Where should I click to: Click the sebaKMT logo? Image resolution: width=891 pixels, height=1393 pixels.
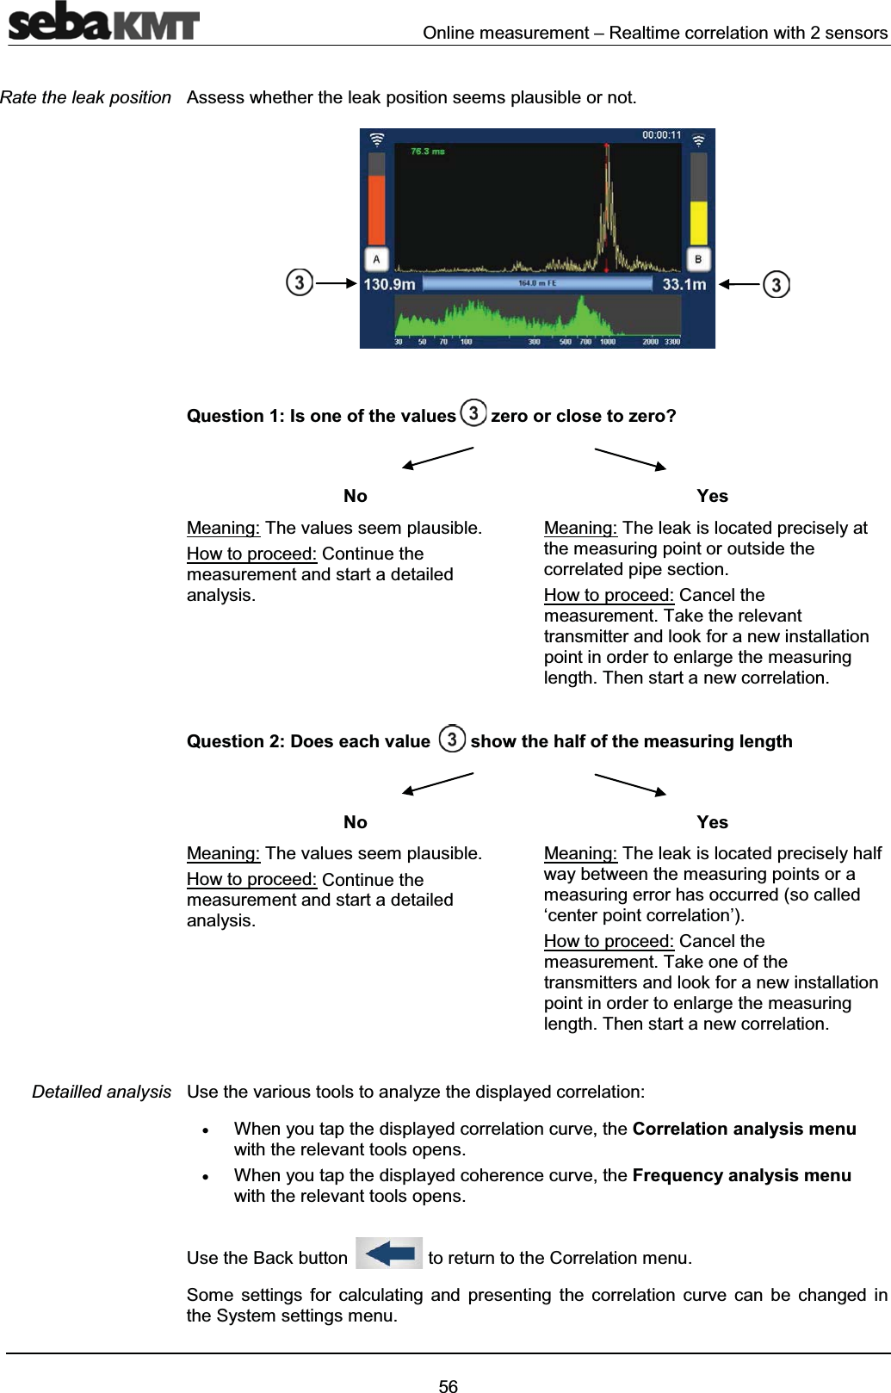pos(103,24)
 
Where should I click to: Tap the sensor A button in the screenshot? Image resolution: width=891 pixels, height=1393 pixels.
pos(376,258)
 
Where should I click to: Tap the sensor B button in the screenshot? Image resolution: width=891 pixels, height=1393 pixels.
pos(698,258)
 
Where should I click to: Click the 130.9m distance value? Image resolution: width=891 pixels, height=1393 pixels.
pos(391,284)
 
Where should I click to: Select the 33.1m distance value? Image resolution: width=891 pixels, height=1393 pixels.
pos(684,284)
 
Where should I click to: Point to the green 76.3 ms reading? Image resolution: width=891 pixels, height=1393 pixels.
pos(428,152)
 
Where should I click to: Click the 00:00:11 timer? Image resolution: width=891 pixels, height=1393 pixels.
pos(661,135)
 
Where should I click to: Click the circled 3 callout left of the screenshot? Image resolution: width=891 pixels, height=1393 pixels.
pos(299,282)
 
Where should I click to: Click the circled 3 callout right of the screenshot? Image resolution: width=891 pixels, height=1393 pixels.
pos(777,284)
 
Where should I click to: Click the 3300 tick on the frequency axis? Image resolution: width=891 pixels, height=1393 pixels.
pos(671,342)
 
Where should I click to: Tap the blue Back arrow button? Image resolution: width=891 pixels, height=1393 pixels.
pos(389,1254)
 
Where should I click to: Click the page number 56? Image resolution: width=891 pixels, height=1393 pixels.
pos(449,1378)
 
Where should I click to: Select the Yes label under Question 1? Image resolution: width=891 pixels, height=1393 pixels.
pos(712,496)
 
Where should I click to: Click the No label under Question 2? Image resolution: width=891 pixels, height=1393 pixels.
pos(355,822)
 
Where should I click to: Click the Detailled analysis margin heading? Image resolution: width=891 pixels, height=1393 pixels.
pos(102,1092)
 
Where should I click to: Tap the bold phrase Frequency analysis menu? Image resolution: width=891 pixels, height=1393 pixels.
pos(741,1175)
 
